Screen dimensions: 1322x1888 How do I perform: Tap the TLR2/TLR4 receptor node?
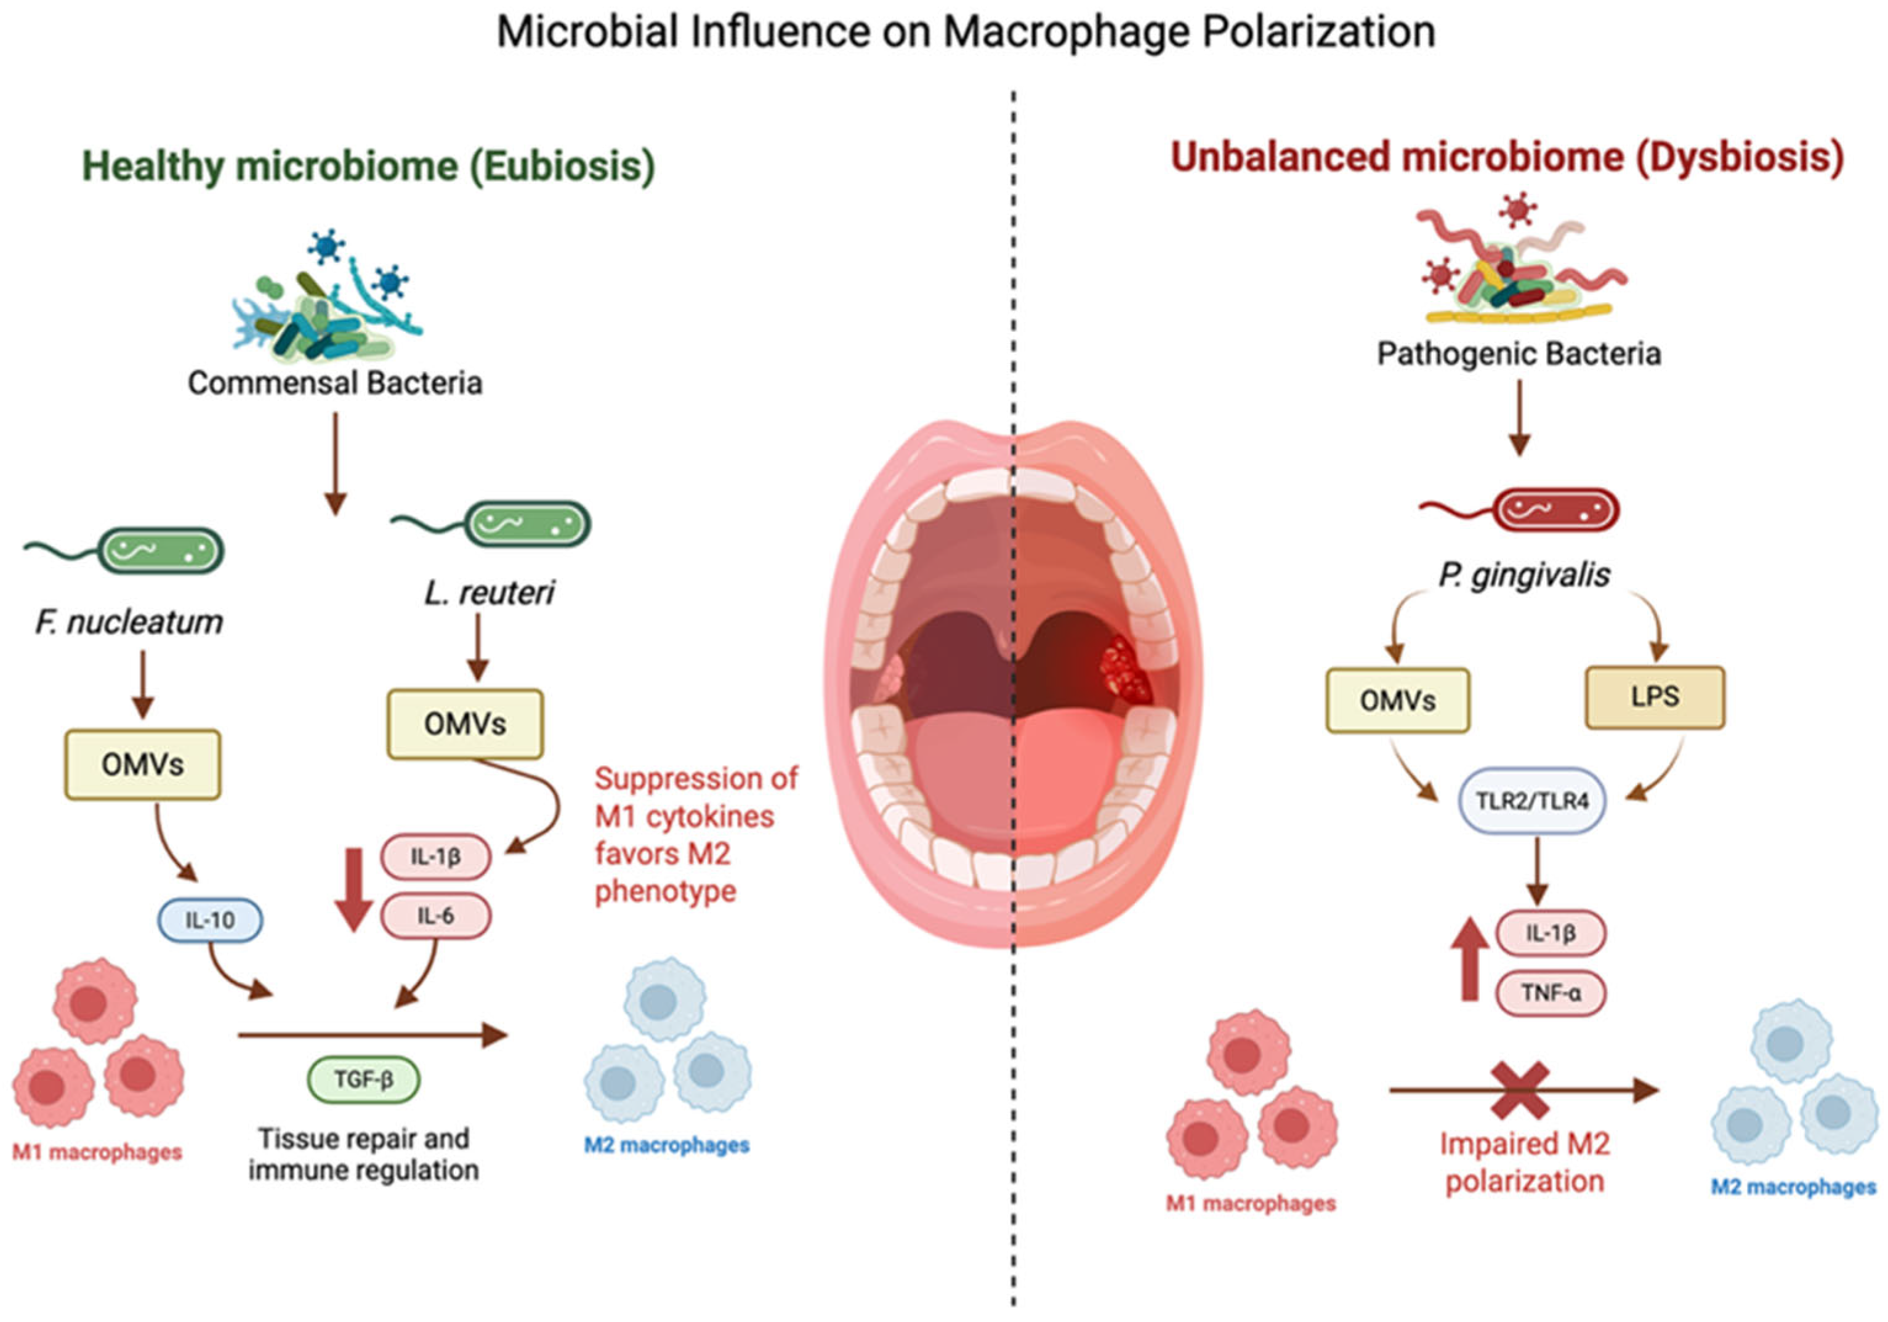[x=1531, y=800]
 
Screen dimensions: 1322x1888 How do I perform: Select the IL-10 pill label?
[x=210, y=920]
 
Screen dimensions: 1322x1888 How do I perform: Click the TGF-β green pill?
[x=363, y=1079]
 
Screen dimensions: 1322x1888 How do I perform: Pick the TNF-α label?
[x=1550, y=993]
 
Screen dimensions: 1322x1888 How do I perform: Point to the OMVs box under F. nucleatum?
[x=142, y=765]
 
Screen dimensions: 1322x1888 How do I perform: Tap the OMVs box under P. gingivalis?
[x=1397, y=701]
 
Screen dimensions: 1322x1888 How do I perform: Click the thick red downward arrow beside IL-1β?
[x=353, y=890]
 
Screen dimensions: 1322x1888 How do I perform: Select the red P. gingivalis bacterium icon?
[x=1554, y=510]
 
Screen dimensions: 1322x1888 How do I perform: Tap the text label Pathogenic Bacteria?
[x=1519, y=354]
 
